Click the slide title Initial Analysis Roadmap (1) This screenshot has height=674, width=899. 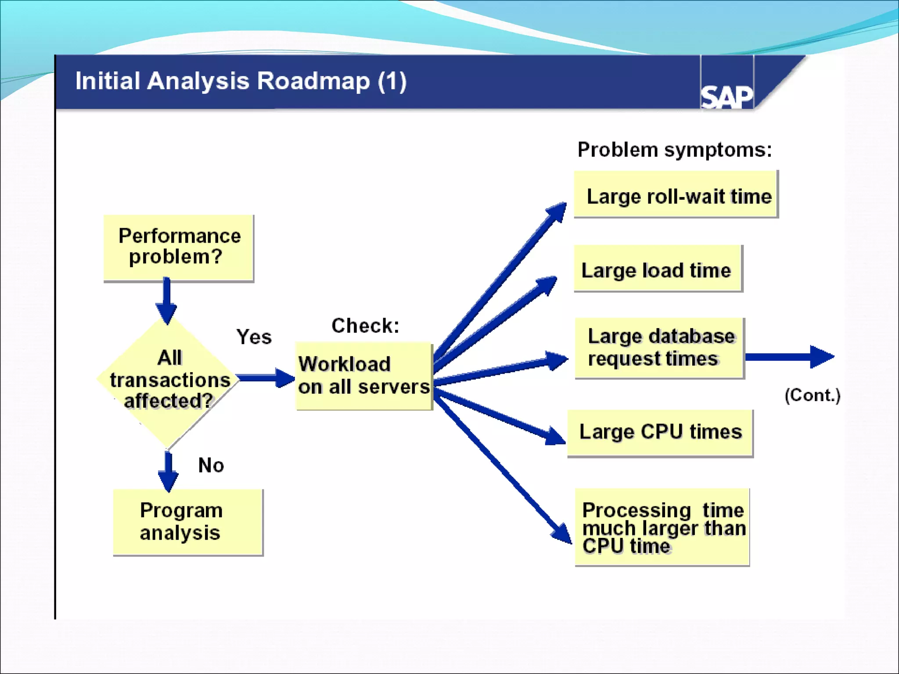[241, 81]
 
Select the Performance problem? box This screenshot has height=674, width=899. [179, 247]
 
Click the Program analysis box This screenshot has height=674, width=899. [187, 522]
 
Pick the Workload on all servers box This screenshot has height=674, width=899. [364, 376]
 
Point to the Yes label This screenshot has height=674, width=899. [254, 337]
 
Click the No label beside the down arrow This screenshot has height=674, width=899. [211, 465]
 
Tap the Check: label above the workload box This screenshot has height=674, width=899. [365, 326]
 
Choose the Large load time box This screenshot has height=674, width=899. [658, 269]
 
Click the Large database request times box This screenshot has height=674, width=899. [659, 348]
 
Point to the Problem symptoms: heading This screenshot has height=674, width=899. [674, 150]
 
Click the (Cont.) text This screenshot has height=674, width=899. [812, 395]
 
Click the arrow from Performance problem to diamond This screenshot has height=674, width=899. [167, 301]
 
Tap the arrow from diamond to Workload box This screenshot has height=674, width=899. [265, 378]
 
